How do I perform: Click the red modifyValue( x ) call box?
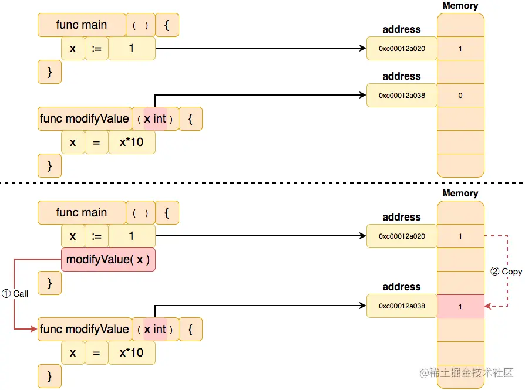[108, 259]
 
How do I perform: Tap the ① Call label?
[15, 293]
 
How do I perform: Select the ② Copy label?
[506, 271]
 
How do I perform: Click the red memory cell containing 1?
[460, 306]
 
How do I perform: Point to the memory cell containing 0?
[460, 95]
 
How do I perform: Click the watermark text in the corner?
[466, 372]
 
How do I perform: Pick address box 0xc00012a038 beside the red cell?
[402, 306]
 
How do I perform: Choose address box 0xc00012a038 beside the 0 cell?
[402, 95]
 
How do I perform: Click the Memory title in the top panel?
[460, 6]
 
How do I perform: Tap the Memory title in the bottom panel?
[460, 194]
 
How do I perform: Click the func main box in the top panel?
[82, 25]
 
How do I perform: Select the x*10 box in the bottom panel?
[132, 353]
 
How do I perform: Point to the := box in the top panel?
[96, 49]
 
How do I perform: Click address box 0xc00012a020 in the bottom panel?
[402, 236]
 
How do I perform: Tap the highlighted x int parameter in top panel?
[155, 119]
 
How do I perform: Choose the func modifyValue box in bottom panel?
[84, 330]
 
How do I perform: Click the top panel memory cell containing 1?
[460, 49]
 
